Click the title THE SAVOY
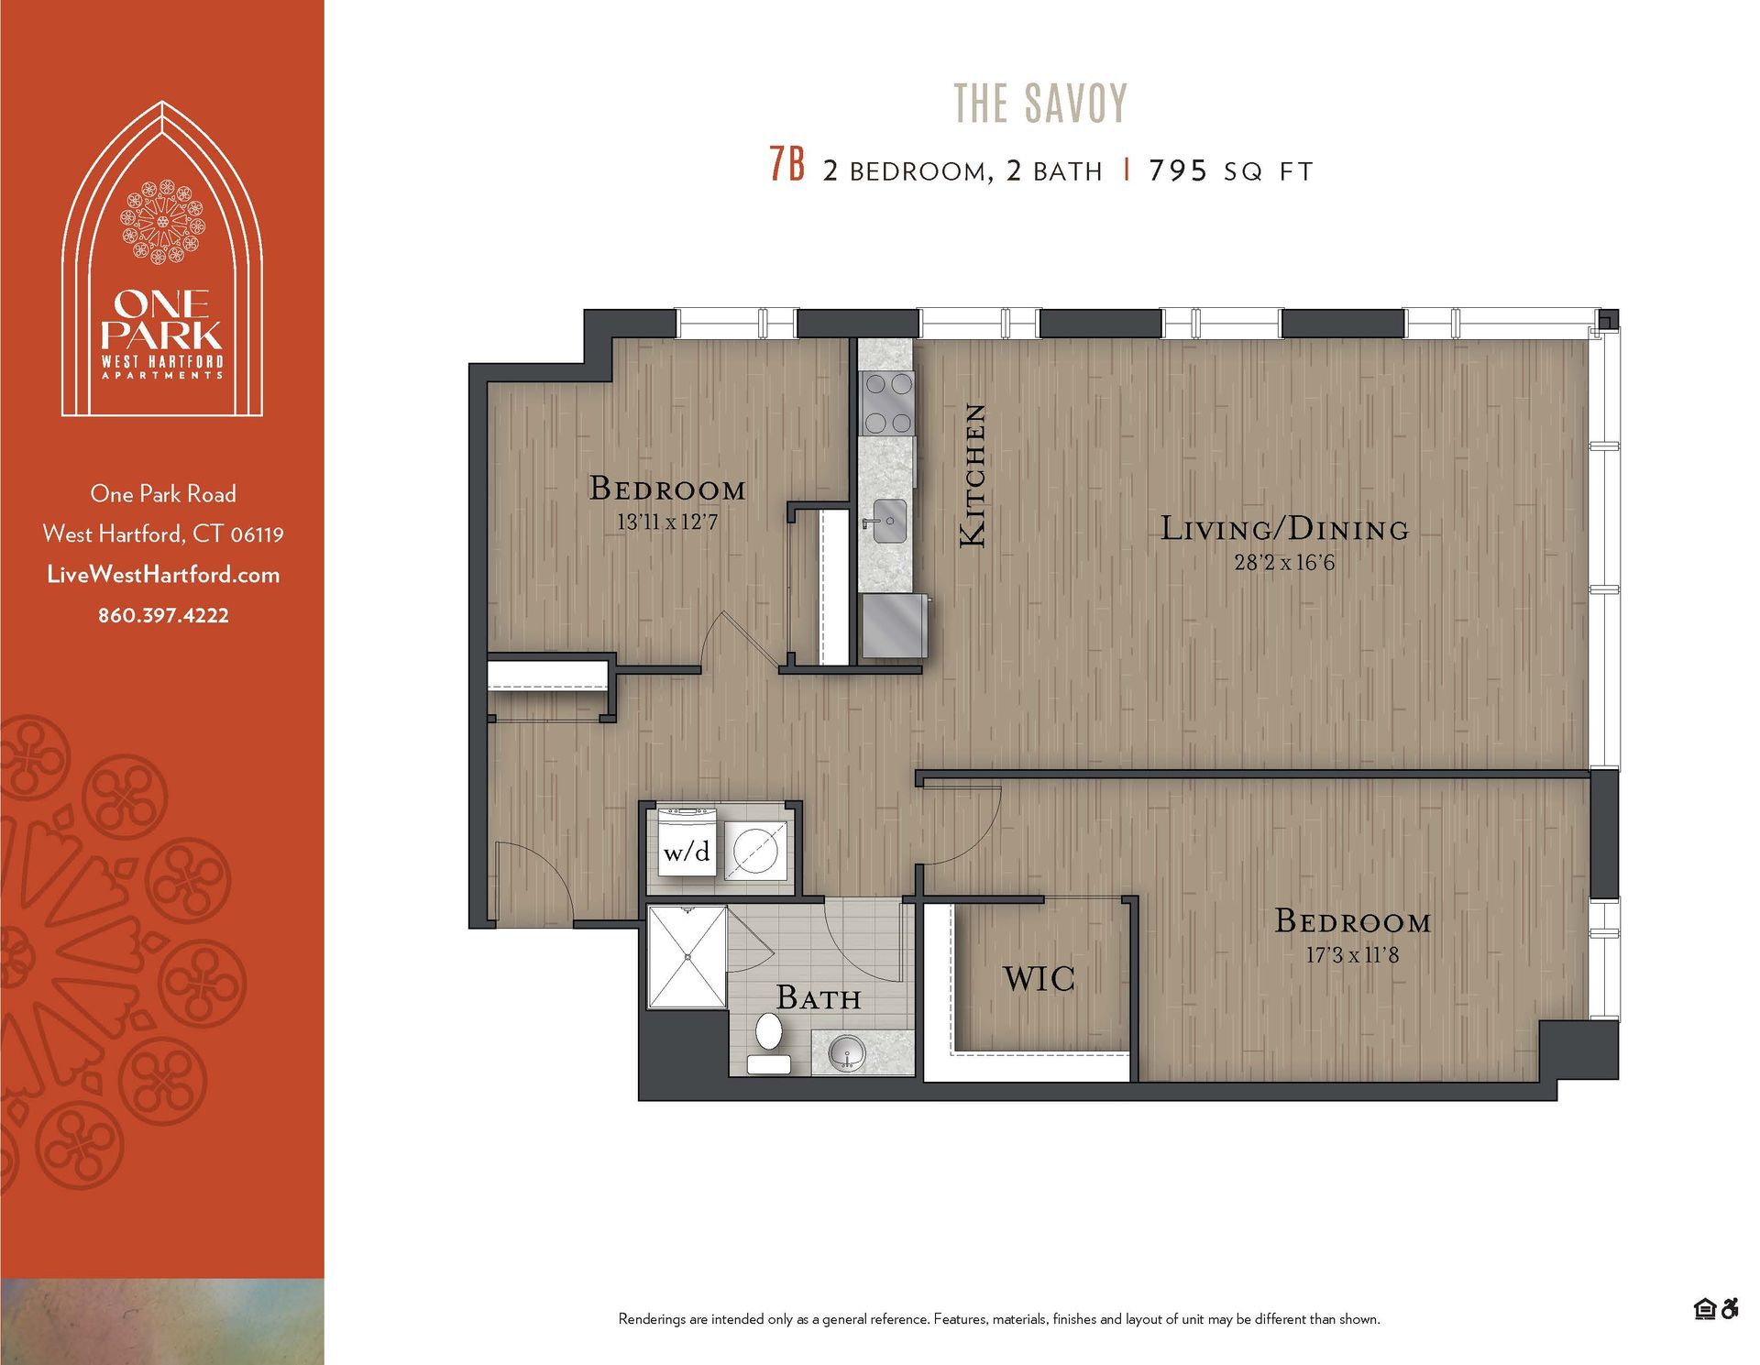pyautogui.click(x=1040, y=103)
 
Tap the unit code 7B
pyautogui.click(x=786, y=166)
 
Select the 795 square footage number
pyautogui.click(x=1178, y=171)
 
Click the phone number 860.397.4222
pyautogui.click(x=163, y=615)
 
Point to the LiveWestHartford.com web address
pyautogui.click(x=163, y=575)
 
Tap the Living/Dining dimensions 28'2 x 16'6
pyautogui.click(x=1284, y=563)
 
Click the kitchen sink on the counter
pyautogui.click(x=887, y=521)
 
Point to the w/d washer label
pyautogui.click(x=687, y=853)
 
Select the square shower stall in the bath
pyautogui.click(x=687, y=956)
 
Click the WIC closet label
pyautogui.click(x=1039, y=979)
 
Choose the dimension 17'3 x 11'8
pyautogui.click(x=1352, y=955)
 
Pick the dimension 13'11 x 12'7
pyautogui.click(x=666, y=523)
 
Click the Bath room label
pyautogui.click(x=818, y=997)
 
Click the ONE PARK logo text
pyautogui.click(x=162, y=317)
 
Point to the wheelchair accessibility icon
pyautogui.click(x=1730, y=1309)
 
